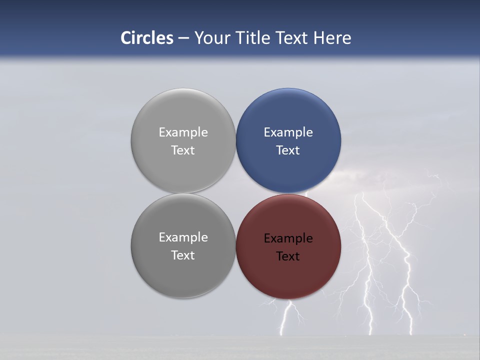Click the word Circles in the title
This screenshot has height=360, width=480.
(x=147, y=38)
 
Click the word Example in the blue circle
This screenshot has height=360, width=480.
(x=288, y=132)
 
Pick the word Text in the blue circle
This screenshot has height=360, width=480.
(x=288, y=150)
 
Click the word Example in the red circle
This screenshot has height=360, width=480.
(x=288, y=238)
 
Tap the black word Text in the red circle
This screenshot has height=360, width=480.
(x=288, y=256)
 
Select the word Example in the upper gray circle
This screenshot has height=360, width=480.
(x=183, y=132)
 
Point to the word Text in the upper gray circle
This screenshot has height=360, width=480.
(x=183, y=150)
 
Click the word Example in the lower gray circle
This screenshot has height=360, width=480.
(x=183, y=237)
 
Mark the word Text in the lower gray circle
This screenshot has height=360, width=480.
(x=183, y=255)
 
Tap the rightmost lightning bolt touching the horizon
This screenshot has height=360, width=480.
(x=411, y=320)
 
